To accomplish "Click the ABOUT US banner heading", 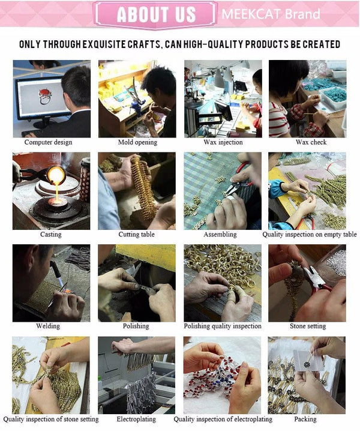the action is (x=156, y=14).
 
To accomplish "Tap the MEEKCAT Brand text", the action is (x=271, y=14).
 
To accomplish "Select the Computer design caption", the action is (x=49, y=142).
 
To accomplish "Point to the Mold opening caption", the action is (x=137, y=142).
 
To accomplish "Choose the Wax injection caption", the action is (x=223, y=142).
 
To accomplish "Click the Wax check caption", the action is (x=311, y=142).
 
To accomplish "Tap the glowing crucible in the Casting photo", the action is (x=56, y=175).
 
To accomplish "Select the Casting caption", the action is (x=51, y=235).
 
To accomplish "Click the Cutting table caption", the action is (x=137, y=235).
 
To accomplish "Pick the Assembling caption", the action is (x=220, y=235).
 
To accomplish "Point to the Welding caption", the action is (x=48, y=326).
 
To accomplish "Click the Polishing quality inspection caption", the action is (x=223, y=327).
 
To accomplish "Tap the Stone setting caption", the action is (x=308, y=327).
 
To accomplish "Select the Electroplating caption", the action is (x=136, y=419).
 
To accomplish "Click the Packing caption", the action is (x=305, y=419).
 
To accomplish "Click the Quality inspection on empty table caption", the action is (x=310, y=235).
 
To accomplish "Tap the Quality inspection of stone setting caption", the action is (x=51, y=419).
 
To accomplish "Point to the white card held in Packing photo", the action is (x=307, y=360).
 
